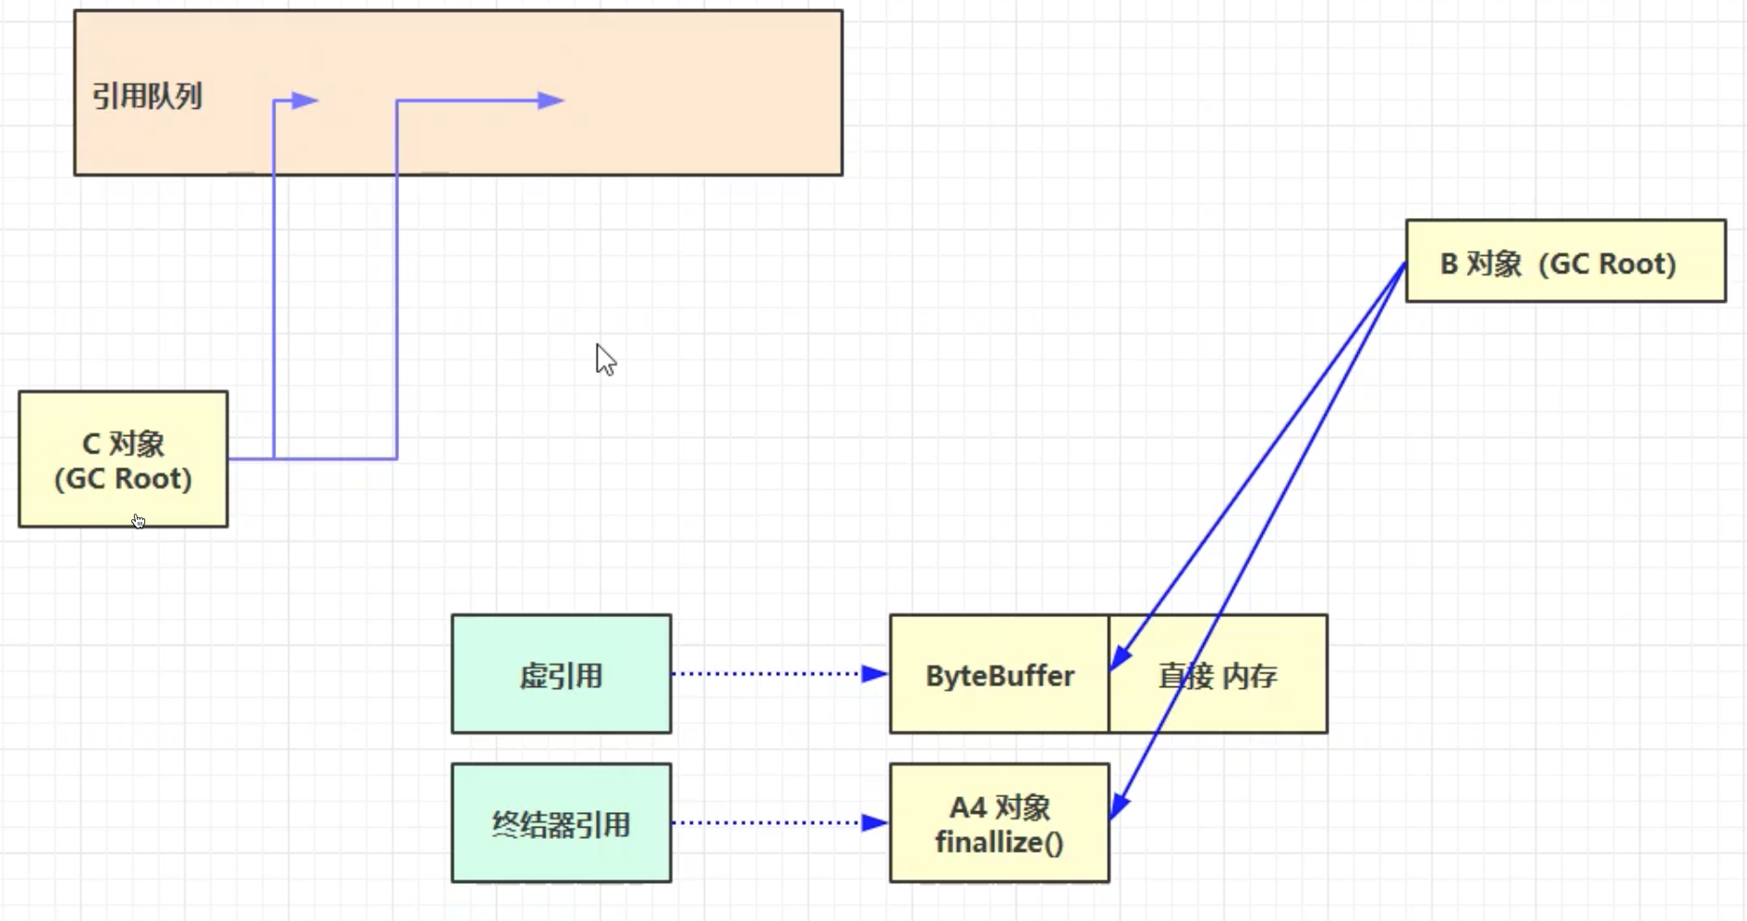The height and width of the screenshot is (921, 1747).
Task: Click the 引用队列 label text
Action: [x=147, y=96]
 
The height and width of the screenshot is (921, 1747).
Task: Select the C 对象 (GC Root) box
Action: [x=123, y=459]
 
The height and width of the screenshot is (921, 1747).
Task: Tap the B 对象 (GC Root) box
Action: [x=1565, y=261]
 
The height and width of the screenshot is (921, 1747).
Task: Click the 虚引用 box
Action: [x=561, y=674]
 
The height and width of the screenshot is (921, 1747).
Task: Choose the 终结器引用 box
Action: [x=561, y=823]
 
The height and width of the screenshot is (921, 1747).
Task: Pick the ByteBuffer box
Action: [x=999, y=675]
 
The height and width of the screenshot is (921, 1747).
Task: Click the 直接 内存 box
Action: [x=1218, y=675]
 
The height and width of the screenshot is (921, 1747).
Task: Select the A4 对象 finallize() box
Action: [x=999, y=823]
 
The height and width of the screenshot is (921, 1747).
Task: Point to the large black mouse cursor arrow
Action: [x=604, y=358]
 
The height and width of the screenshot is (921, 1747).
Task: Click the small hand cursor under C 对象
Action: [x=138, y=521]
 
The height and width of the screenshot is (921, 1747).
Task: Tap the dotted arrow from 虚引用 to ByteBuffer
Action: [x=767, y=674]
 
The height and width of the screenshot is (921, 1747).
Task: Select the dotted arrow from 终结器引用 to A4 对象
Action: [x=767, y=822]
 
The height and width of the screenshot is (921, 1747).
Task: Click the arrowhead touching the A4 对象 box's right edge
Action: [x=1119, y=806]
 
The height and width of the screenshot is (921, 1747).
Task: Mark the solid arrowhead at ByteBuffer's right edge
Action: [x=1120, y=657]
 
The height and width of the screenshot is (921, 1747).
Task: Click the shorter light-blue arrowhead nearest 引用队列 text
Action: [x=304, y=101]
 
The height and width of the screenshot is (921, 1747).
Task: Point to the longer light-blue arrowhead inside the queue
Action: [x=551, y=101]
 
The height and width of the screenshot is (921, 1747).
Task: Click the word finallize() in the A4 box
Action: [x=999, y=842]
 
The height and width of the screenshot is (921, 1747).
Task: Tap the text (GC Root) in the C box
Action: [x=123, y=479]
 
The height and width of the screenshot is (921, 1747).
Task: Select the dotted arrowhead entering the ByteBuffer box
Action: [x=874, y=674]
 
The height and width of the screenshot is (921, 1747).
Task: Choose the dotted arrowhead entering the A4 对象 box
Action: [x=874, y=822]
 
